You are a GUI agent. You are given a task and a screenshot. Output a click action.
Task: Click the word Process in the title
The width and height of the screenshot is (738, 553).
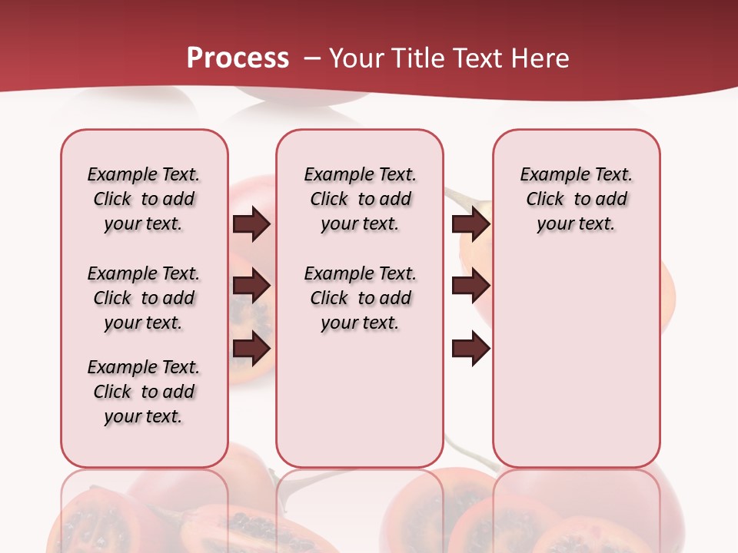coord(238,58)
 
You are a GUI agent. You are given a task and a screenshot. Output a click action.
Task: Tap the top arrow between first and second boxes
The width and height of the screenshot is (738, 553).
coord(251,224)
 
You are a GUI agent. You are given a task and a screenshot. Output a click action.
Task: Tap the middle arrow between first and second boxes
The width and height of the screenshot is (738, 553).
coord(251,286)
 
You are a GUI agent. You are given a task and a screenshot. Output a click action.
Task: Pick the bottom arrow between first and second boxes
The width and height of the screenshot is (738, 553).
coord(251,349)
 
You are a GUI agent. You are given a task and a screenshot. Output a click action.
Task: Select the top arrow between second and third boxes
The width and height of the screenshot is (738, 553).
coord(471,224)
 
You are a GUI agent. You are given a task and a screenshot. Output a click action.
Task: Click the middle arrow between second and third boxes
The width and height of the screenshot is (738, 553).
coord(471,286)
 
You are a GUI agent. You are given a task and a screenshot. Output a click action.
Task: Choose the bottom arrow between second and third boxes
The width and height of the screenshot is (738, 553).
coord(471,349)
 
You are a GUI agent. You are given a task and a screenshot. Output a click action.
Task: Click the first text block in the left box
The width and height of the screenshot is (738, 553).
coord(144,199)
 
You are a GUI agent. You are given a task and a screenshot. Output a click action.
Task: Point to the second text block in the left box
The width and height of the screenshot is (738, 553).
coord(144,298)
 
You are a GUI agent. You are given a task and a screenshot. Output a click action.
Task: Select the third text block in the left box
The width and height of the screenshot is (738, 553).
coord(144,392)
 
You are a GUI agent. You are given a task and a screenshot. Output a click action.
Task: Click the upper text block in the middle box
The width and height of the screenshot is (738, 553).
coord(360,199)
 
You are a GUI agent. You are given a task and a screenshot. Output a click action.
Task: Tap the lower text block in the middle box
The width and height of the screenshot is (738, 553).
coord(360,298)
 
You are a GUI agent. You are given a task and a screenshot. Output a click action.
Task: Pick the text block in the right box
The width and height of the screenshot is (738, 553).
coord(577,199)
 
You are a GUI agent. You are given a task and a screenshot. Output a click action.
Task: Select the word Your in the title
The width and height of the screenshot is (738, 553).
coord(356,58)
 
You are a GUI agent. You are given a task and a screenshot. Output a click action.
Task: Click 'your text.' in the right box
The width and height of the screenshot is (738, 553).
coord(577,224)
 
